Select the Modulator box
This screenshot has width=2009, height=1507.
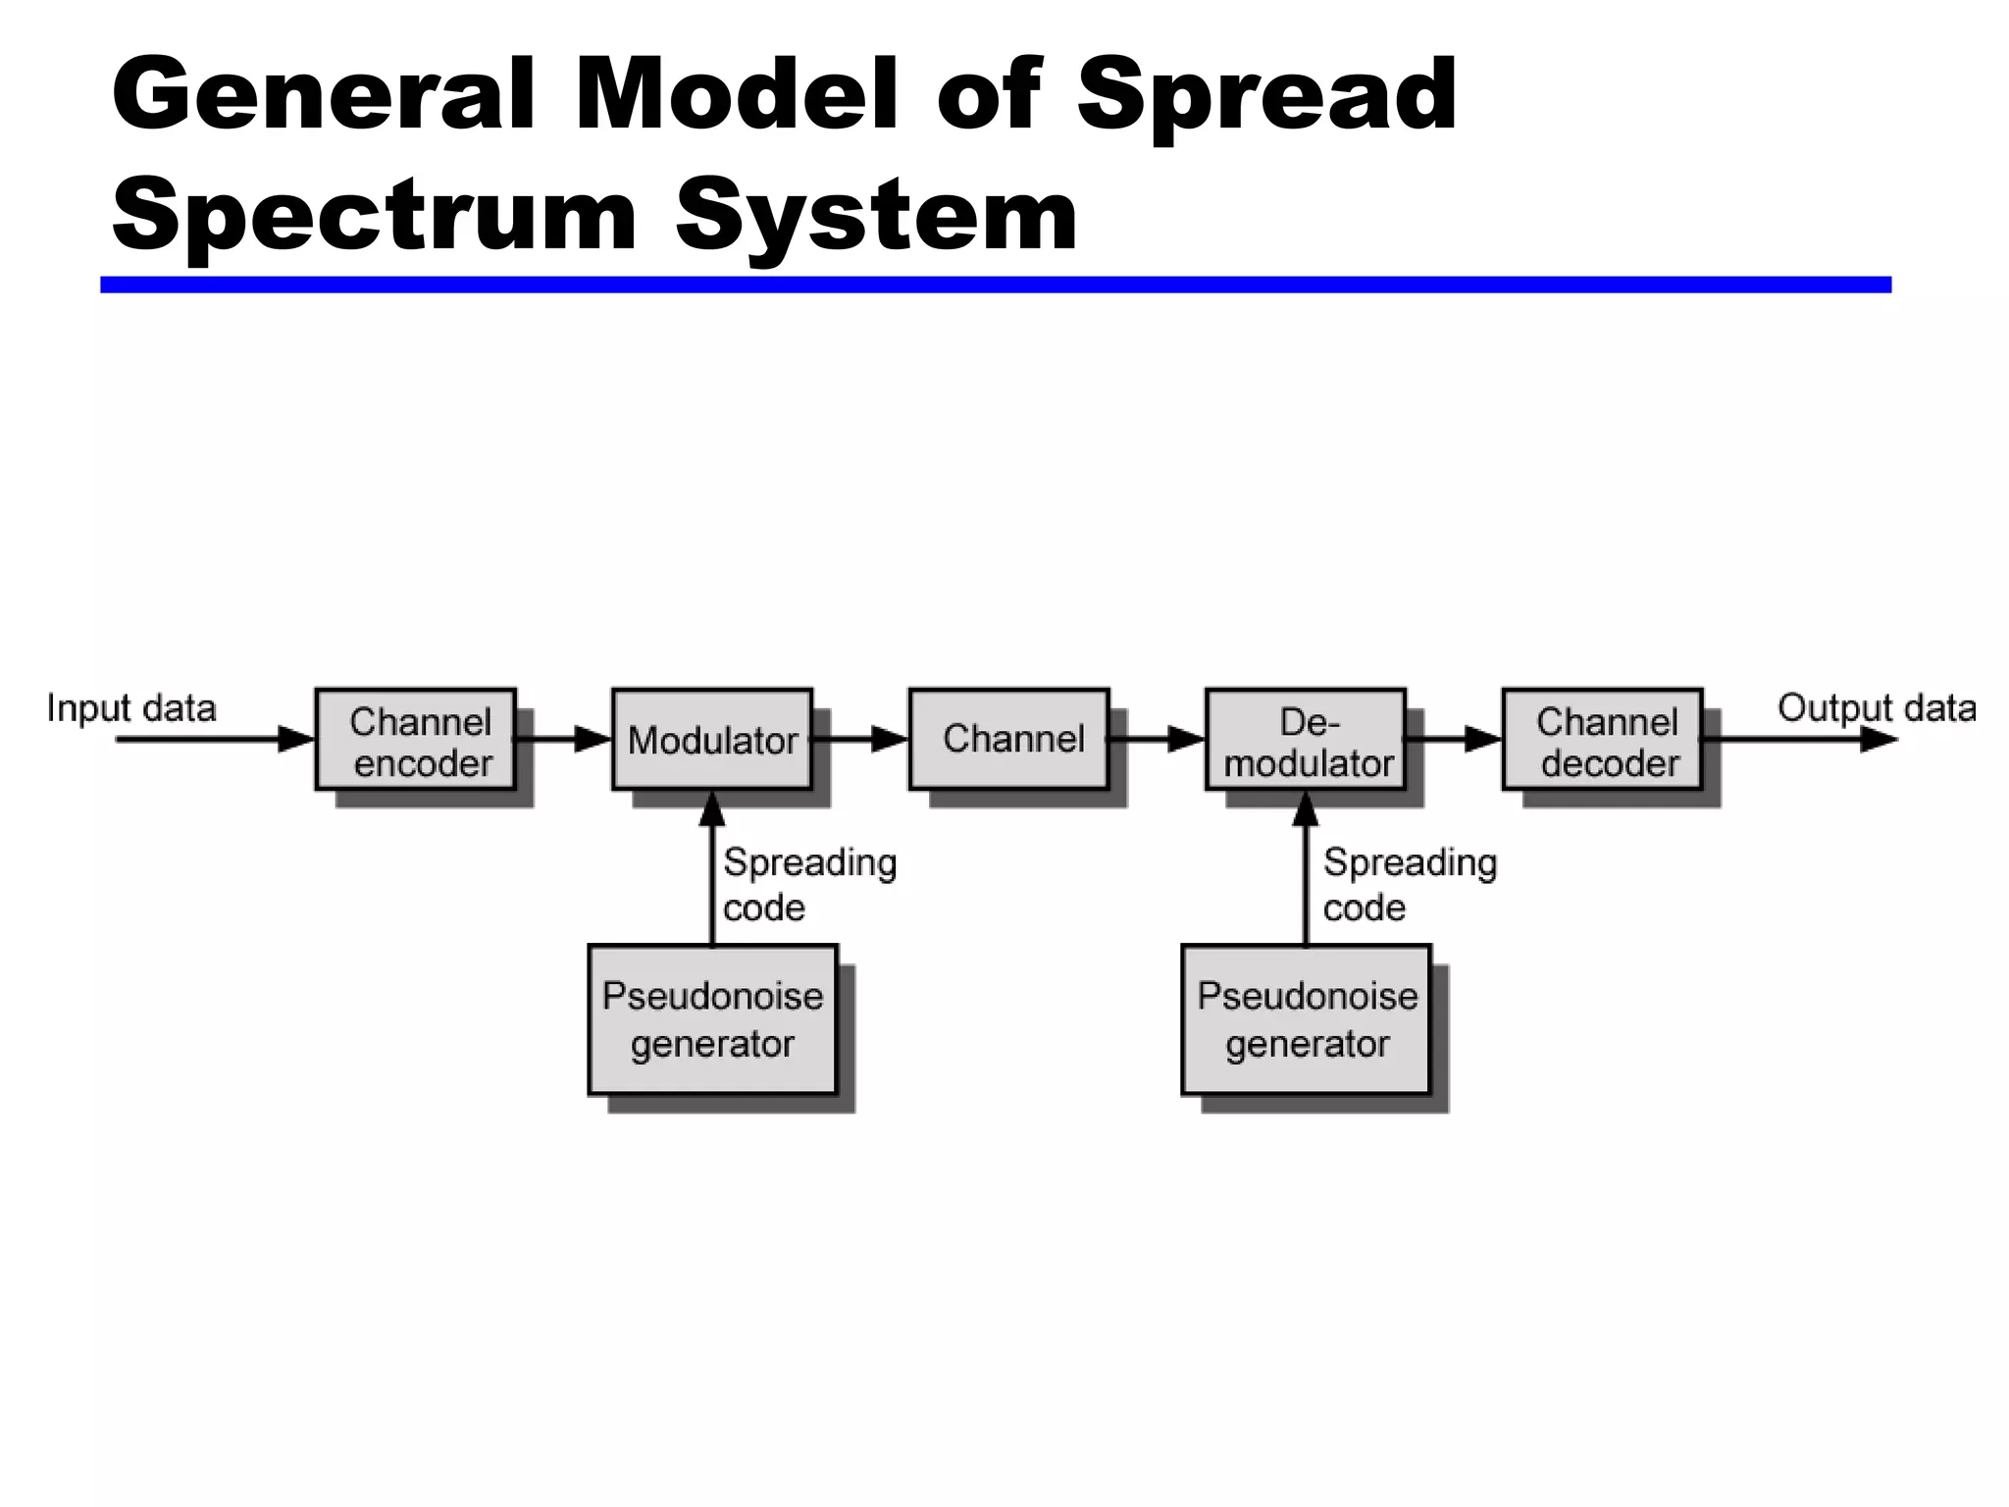(x=712, y=740)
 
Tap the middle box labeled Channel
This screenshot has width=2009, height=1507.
(x=1009, y=740)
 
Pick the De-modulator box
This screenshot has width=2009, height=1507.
(x=1306, y=740)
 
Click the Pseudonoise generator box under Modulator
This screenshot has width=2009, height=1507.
(x=712, y=1019)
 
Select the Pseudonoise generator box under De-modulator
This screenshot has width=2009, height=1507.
(x=1306, y=1019)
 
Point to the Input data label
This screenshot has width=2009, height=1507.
(x=131, y=708)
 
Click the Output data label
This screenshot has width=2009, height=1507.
(x=1876, y=708)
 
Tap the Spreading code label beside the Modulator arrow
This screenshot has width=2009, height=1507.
(x=808, y=884)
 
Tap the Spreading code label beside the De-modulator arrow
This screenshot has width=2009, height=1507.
(x=1409, y=884)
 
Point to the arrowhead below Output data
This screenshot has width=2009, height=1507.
(x=1879, y=740)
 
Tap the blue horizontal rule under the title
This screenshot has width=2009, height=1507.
(x=995, y=285)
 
